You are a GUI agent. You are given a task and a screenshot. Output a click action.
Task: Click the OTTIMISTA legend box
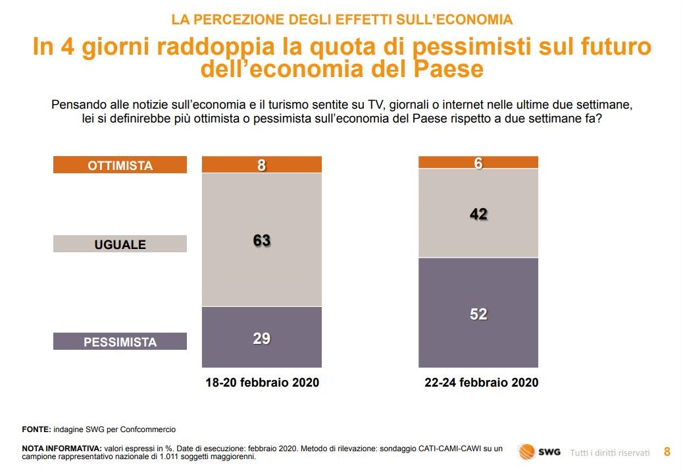(120, 165)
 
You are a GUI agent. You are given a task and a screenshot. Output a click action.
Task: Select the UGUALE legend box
(120, 244)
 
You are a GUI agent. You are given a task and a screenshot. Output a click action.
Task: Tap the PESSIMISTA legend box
(120, 342)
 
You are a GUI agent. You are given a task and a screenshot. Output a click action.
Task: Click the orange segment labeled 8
(262, 165)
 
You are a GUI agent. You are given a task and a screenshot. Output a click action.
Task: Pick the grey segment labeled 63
(262, 240)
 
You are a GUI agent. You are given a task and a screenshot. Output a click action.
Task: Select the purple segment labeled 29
(262, 337)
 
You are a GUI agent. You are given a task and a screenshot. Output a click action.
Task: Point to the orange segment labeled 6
(478, 163)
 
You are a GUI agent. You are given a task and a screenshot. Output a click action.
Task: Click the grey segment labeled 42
(478, 213)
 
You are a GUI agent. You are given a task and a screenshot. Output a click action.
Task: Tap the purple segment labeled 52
(478, 313)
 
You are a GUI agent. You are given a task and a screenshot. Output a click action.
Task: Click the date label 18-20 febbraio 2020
(262, 383)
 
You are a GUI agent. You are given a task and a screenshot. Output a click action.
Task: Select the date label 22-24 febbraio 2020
(481, 383)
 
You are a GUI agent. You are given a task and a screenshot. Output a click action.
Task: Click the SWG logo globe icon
(526, 452)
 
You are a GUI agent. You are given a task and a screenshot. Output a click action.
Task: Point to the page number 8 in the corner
(667, 452)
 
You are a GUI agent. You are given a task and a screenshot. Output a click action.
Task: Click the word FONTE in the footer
(36, 429)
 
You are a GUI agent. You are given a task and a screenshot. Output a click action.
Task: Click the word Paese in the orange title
(448, 69)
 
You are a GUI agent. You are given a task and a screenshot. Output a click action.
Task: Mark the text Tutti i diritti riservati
(609, 453)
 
